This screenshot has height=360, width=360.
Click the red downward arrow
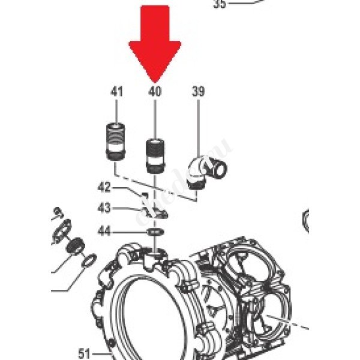click(x=155, y=39)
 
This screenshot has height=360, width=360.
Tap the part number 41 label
click(x=116, y=92)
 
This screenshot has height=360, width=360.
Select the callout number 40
click(x=155, y=92)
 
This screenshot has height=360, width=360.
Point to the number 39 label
click(x=198, y=92)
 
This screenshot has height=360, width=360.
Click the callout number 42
click(x=104, y=187)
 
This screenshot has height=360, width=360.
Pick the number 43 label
click(x=104, y=208)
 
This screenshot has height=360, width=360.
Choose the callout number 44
click(x=104, y=230)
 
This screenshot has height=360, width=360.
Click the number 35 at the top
click(x=220, y=4)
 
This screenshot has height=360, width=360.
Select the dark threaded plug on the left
click(x=74, y=246)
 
